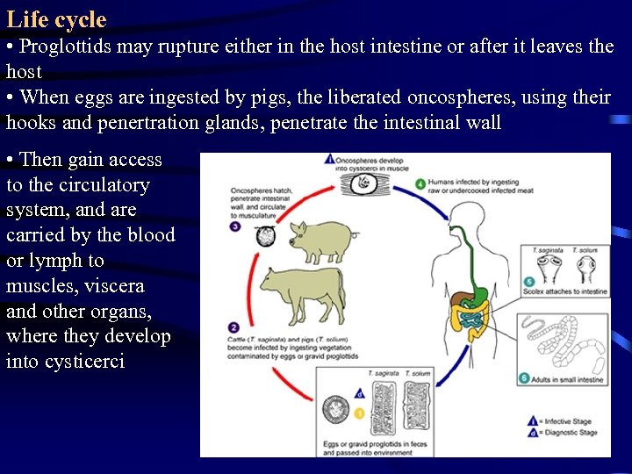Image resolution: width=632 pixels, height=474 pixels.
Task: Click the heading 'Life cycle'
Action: tap(56, 19)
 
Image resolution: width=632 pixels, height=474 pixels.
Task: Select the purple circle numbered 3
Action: tap(236, 226)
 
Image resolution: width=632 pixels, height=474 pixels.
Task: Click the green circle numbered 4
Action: tap(421, 184)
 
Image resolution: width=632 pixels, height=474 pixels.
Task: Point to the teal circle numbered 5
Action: tap(528, 281)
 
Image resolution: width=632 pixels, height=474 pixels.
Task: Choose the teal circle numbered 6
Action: tap(524, 378)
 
